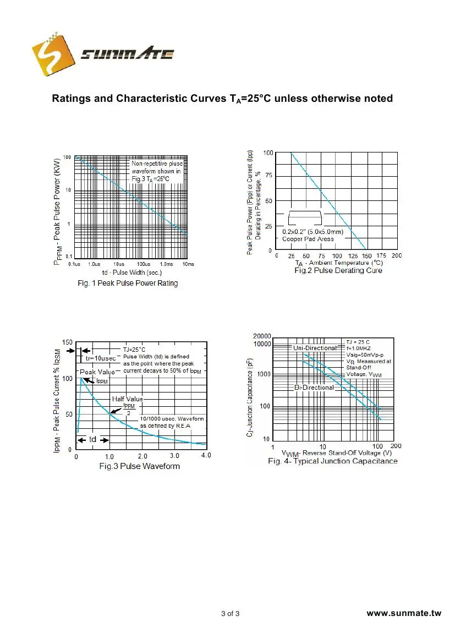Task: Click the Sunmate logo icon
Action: point(54,54)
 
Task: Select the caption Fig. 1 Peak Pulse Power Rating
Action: point(127,283)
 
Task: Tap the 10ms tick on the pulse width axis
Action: point(188,265)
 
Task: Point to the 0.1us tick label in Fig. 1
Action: point(74,265)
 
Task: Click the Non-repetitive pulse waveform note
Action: point(156,171)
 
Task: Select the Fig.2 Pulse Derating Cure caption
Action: point(338,270)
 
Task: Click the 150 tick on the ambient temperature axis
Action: point(366,256)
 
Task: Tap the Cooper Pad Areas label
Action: point(308,239)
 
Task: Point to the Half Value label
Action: point(128,399)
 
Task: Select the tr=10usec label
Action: point(101,358)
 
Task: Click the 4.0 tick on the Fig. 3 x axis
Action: point(206,456)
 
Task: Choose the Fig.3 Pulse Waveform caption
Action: point(139,466)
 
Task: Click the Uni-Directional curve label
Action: point(315,348)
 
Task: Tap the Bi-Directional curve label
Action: point(314,388)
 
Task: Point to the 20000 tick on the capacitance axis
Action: point(262,336)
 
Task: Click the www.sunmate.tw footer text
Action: point(404,613)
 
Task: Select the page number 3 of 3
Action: point(230,613)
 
